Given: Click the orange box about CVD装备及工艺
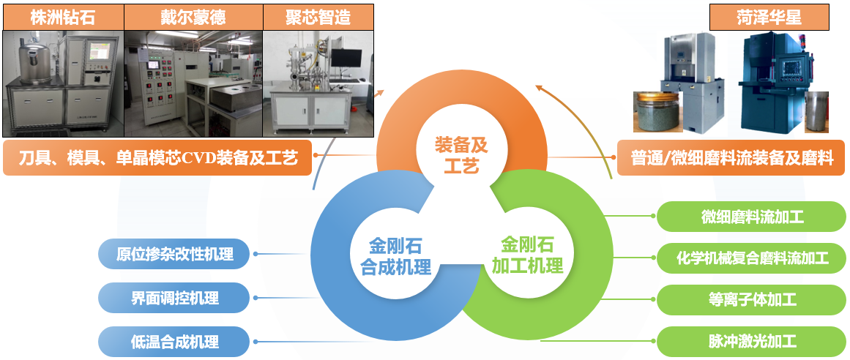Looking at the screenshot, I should [x=157, y=157].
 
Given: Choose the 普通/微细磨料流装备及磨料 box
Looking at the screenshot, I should [x=731, y=157].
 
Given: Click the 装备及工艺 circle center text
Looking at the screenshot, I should [x=461, y=155].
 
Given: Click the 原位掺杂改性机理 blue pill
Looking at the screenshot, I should [x=174, y=255].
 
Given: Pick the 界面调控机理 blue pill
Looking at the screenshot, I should [x=174, y=298].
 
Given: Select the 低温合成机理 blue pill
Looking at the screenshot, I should [x=174, y=341].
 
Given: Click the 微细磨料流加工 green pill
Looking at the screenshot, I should [x=752, y=217].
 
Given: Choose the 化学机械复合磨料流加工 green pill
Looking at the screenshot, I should [x=752, y=258].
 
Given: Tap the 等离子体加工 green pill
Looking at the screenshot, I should [x=752, y=299].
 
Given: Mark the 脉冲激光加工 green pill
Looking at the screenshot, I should [x=752, y=341].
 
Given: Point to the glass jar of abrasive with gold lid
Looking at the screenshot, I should [x=657, y=112].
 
